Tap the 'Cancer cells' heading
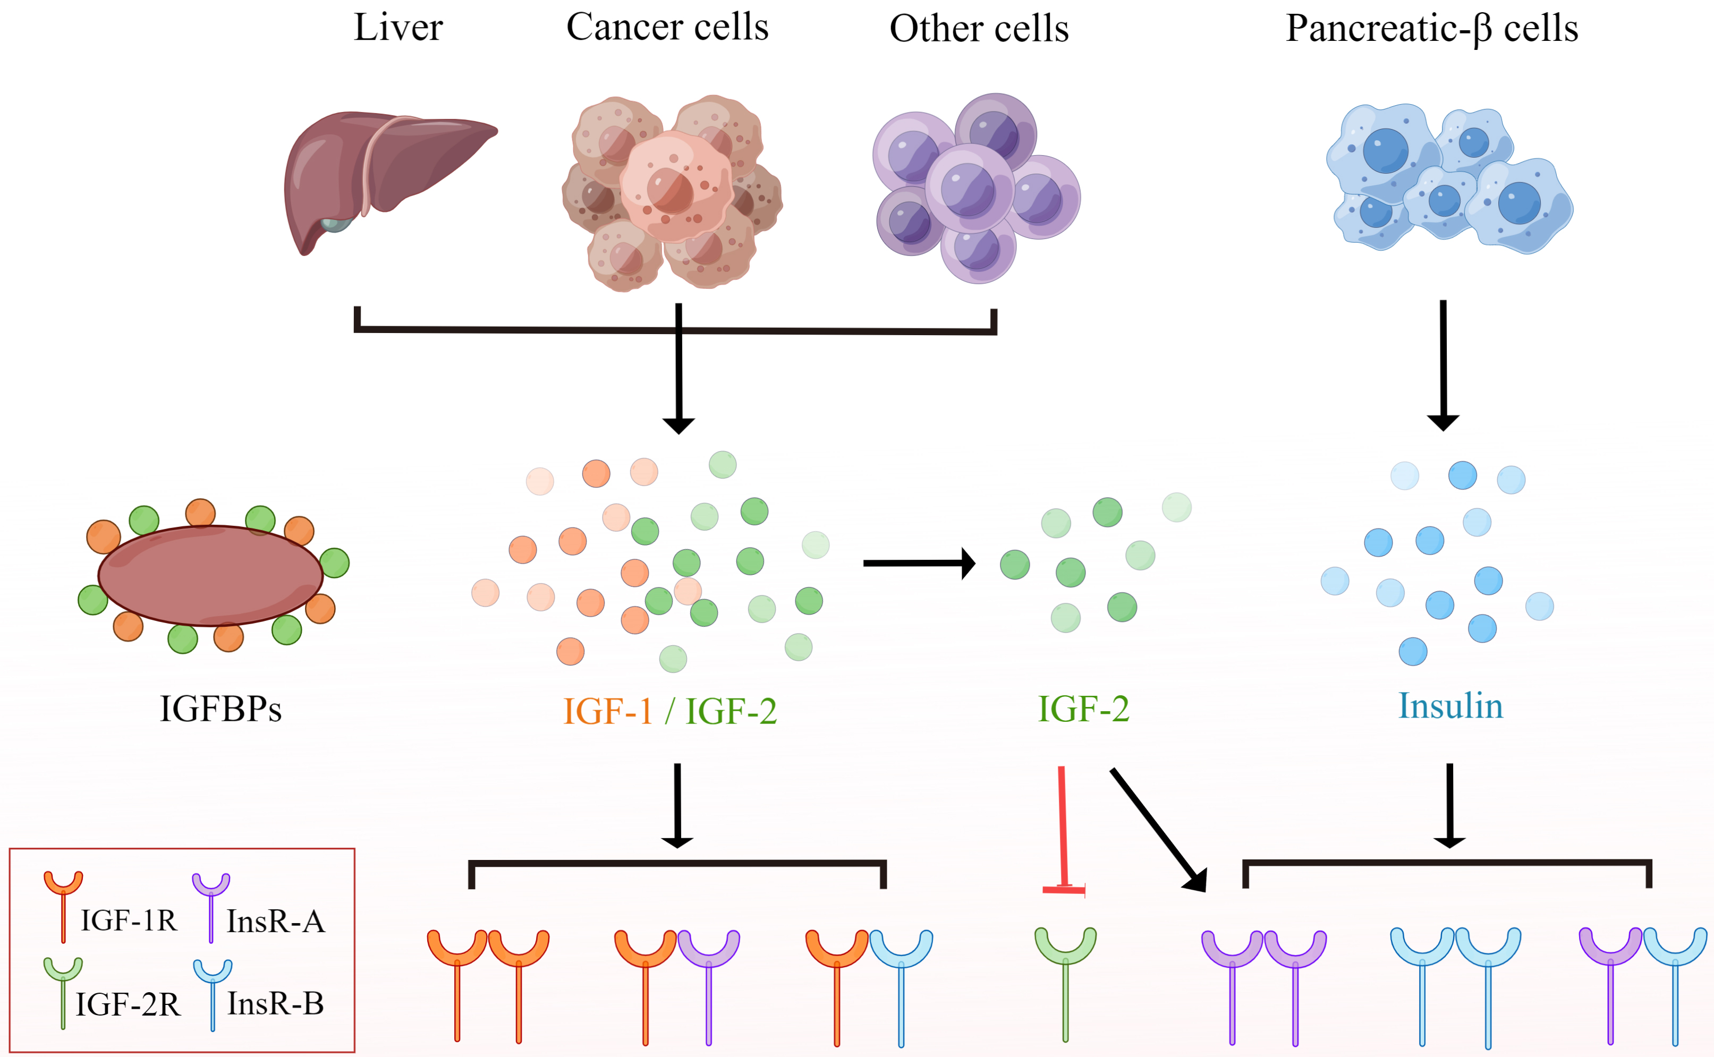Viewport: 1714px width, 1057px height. (667, 28)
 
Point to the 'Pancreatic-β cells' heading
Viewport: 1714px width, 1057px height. (1431, 29)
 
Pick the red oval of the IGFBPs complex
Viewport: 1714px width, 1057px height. (210, 575)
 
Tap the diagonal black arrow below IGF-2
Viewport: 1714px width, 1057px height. (1157, 829)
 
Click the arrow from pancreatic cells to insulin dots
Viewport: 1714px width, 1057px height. (1443, 363)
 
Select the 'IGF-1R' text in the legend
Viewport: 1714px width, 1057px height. (129, 920)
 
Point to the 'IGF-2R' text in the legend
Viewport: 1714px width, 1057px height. (128, 1004)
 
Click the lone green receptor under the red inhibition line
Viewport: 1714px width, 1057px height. (1065, 979)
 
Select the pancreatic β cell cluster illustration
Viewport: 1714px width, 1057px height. (1448, 178)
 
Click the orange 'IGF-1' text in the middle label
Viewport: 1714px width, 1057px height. (607, 712)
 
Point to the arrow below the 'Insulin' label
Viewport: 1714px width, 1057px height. (1449, 804)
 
